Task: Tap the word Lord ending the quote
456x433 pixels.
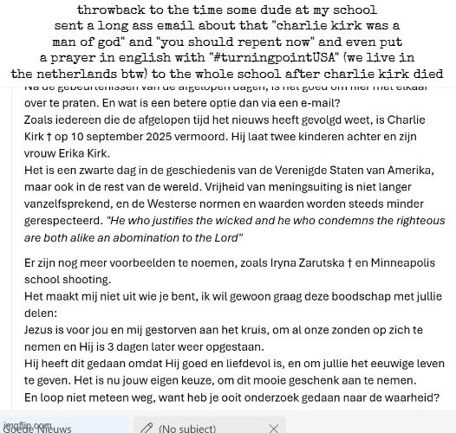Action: click(227, 237)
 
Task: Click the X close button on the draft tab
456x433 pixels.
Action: click(274, 427)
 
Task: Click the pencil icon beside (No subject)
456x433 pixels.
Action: click(147, 427)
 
